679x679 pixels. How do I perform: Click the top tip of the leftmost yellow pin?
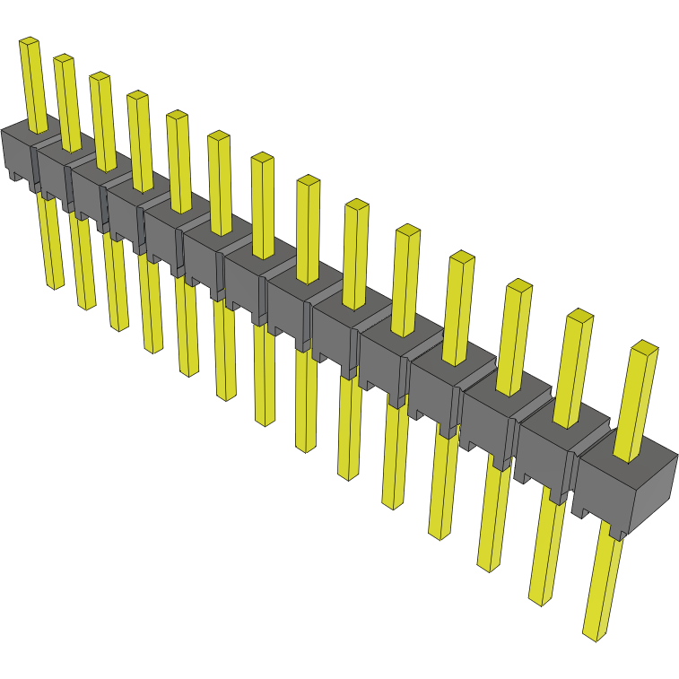click(x=30, y=41)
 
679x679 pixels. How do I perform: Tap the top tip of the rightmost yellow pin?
click(x=644, y=345)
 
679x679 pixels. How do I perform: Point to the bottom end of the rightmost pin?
click(x=592, y=635)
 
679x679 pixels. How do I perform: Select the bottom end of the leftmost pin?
click(x=56, y=285)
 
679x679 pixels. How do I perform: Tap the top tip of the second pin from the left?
click(x=63, y=58)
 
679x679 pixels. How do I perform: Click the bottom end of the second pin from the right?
click(x=538, y=599)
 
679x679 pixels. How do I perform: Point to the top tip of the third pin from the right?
click(x=519, y=285)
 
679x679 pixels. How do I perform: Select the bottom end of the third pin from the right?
click(x=487, y=566)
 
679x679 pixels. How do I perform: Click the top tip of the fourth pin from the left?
click(x=137, y=94)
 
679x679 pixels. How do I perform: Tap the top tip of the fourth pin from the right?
click(x=462, y=257)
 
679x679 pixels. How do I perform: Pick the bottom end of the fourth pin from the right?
click(x=439, y=535)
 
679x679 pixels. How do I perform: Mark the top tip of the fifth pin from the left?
click(x=177, y=114)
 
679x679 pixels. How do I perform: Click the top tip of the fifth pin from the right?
click(x=407, y=230)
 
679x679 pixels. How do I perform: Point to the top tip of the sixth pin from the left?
click(x=219, y=135)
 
